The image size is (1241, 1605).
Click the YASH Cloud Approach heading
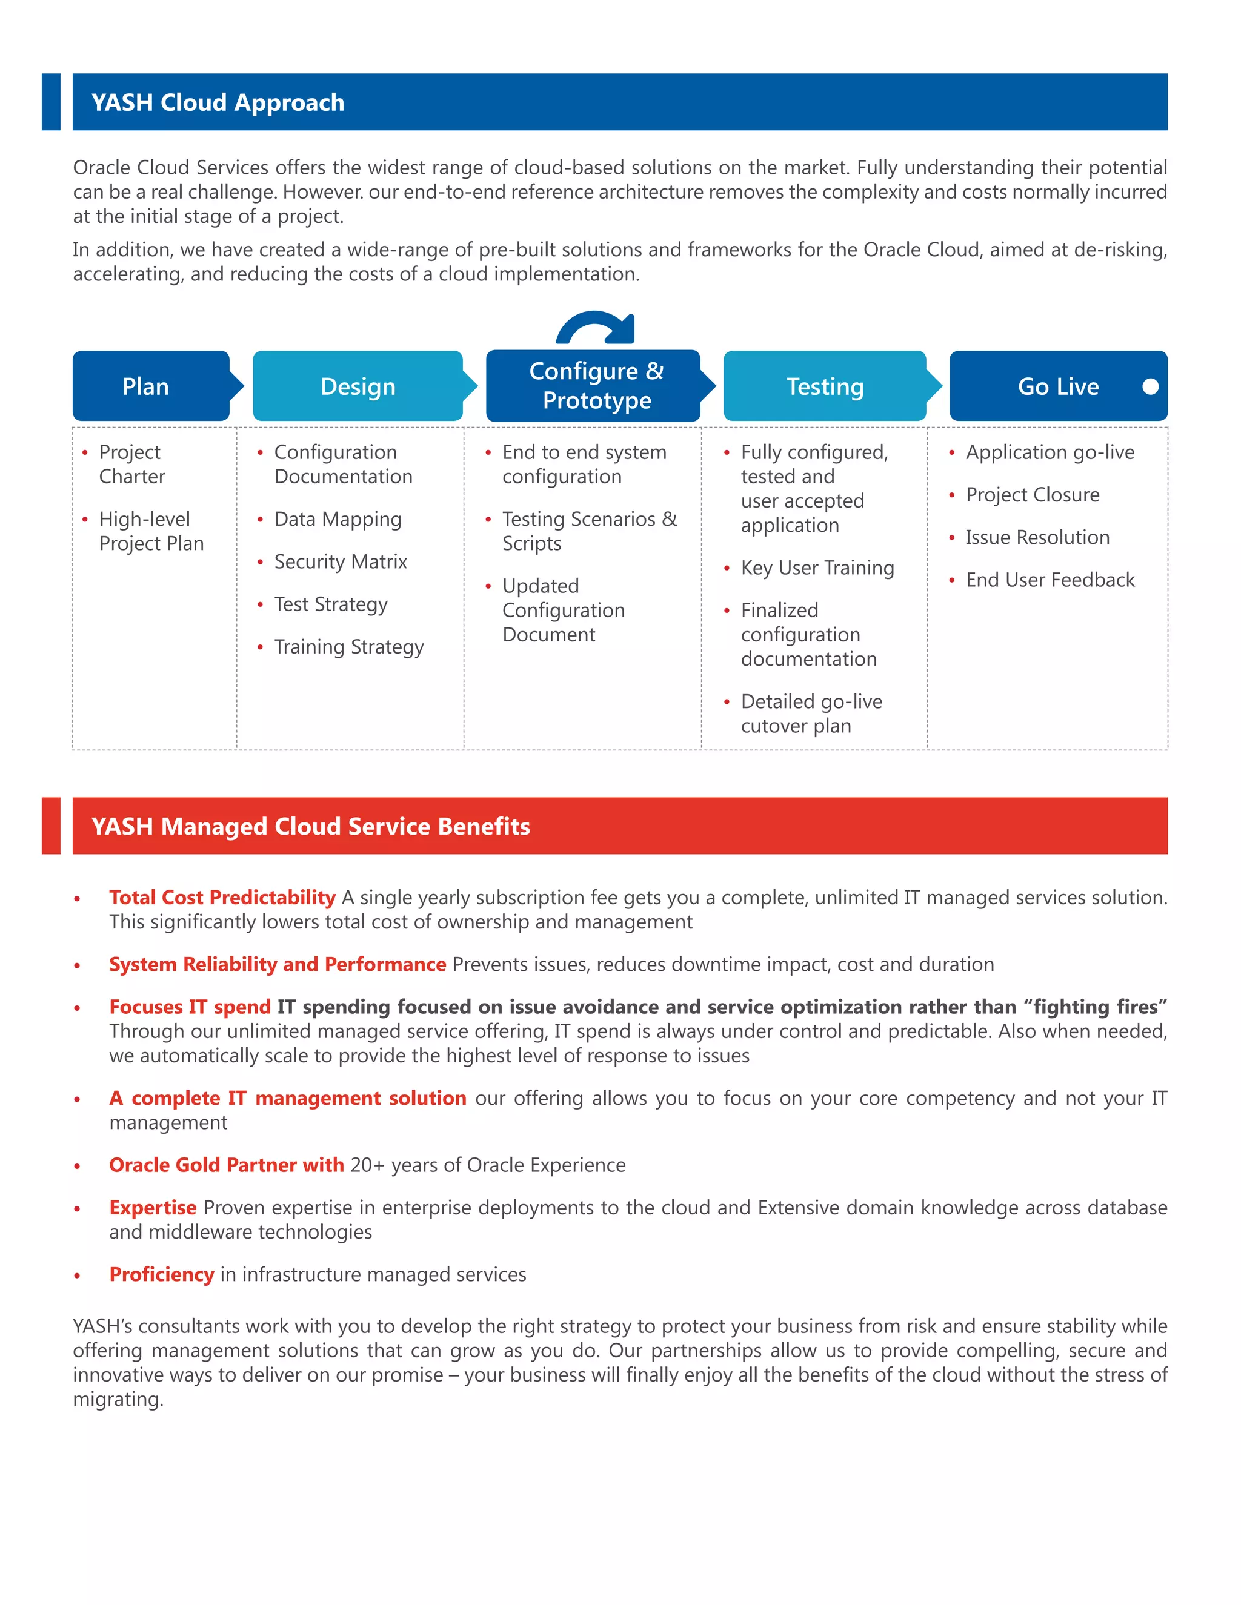(x=218, y=102)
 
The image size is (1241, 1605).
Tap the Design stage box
(x=358, y=386)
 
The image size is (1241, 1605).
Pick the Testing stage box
(x=825, y=386)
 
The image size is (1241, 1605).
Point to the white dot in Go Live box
(x=1151, y=386)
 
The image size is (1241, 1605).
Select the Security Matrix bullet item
(x=341, y=561)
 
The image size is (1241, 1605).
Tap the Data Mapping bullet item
(x=338, y=519)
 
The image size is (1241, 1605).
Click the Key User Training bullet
(x=817, y=568)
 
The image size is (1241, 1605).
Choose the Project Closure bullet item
(x=1032, y=495)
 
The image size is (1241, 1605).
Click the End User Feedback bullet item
(x=1050, y=580)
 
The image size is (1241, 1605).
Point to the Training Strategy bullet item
(x=348, y=647)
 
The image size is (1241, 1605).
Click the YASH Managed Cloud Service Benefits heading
(x=310, y=826)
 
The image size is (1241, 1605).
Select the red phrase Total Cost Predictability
(x=222, y=898)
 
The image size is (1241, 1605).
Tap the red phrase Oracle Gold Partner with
(x=227, y=1165)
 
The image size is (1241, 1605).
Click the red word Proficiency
(x=162, y=1274)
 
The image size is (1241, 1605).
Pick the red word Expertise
(x=153, y=1208)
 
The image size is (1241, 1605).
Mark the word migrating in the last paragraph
(x=117, y=1399)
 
